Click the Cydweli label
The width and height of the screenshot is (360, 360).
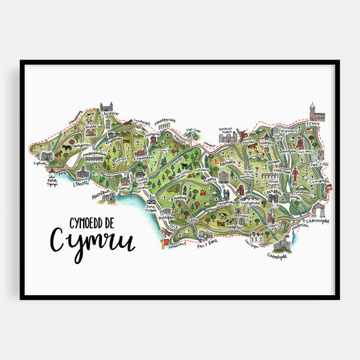click(x=40, y=163)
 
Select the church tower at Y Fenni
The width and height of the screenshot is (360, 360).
click(x=313, y=112)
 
